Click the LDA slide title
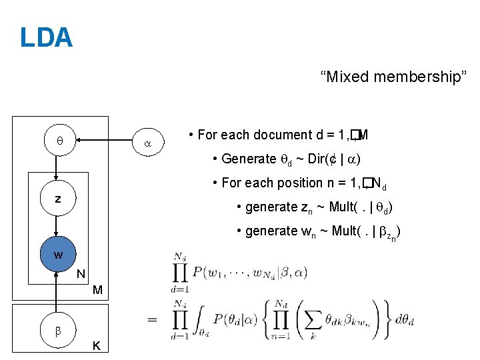coord(46,37)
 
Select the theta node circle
coord(59,141)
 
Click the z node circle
coord(59,198)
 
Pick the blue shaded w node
coord(59,254)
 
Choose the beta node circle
coord(59,331)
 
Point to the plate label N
coord(81,273)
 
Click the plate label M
coord(97,291)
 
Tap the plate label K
coord(97,346)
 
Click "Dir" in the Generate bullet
coord(311,159)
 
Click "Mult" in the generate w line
coord(347,231)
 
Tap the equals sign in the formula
coord(153,319)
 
